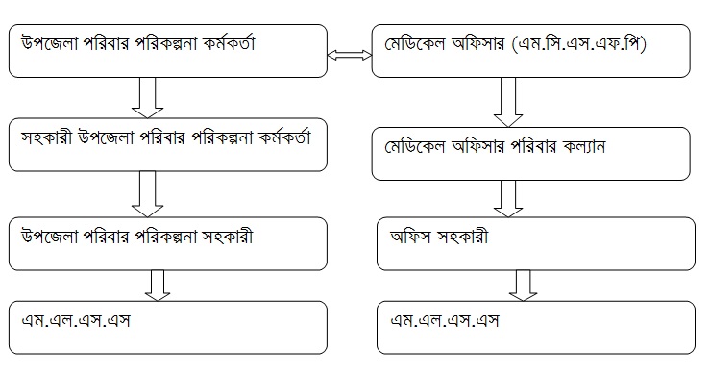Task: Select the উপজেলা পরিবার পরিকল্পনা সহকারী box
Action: (x=167, y=242)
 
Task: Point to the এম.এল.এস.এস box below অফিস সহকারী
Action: (x=536, y=328)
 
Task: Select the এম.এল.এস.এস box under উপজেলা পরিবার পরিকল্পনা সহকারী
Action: (x=167, y=328)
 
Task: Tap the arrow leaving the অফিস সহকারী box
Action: (x=522, y=285)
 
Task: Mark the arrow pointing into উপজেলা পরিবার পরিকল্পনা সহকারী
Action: (x=147, y=193)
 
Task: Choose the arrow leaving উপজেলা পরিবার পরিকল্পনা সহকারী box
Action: (x=157, y=285)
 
